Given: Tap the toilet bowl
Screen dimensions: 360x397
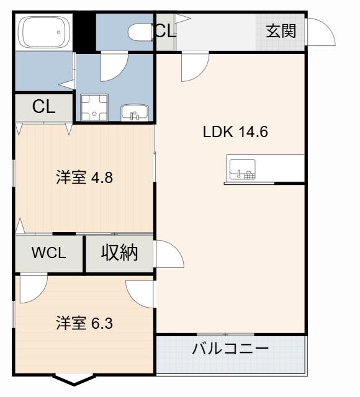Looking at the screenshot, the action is [x=140, y=32].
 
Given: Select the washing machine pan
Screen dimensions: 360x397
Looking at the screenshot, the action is [x=94, y=107].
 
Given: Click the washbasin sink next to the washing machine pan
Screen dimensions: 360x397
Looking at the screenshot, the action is [x=134, y=113].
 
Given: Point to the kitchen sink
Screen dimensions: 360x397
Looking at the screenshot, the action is [x=242, y=169].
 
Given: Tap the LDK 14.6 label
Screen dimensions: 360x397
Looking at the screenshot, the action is [x=235, y=132].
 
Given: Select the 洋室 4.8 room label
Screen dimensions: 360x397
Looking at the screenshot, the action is [x=84, y=177].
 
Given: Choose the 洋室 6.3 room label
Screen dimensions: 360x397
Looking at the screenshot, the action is [x=84, y=323].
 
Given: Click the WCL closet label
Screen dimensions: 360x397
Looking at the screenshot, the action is [x=48, y=252].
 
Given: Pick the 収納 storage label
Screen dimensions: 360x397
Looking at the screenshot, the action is [x=120, y=252].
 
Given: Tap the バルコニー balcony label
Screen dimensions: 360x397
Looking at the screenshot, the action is [x=230, y=349].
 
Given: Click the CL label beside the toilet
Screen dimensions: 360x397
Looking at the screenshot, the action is [x=166, y=30].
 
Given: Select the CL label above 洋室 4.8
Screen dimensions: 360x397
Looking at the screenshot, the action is [x=44, y=107].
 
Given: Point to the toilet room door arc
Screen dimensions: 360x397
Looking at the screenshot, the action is [x=119, y=73].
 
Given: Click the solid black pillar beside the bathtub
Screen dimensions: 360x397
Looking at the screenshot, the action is [x=84, y=32].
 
